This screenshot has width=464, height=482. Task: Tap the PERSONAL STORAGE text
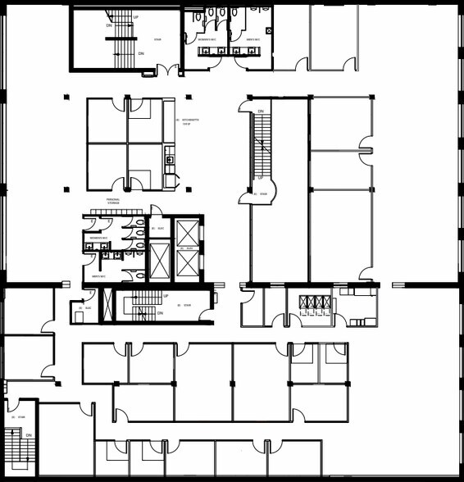pyautogui.click(x=113, y=202)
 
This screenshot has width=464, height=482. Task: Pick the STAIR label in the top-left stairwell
pyautogui.click(x=157, y=39)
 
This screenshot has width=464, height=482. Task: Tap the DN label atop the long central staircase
pyautogui.click(x=261, y=111)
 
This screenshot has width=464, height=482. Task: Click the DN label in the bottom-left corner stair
pyautogui.click(x=28, y=435)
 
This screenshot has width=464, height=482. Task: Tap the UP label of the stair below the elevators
pyautogui.click(x=166, y=296)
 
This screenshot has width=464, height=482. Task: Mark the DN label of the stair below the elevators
pyautogui.click(x=160, y=313)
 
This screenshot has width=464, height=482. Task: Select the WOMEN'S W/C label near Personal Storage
pyautogui.click(x=95, y=238)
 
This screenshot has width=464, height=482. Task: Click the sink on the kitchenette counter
pyautogui.click(x=170, y=160)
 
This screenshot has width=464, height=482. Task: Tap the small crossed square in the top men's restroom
pyautogui.click(x=270, y=30)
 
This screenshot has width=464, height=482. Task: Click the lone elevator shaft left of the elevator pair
pyautogui.click(x=160, y=260)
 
